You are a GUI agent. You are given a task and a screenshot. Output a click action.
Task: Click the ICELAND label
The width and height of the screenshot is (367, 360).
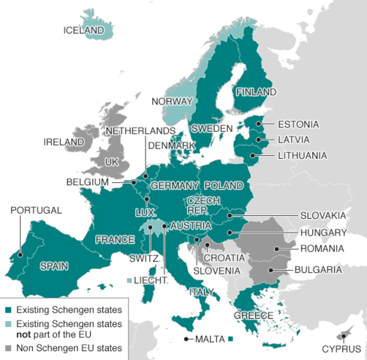tap(83, 30)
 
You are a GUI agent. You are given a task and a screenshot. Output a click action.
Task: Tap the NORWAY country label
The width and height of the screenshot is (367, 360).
tap(172, 101)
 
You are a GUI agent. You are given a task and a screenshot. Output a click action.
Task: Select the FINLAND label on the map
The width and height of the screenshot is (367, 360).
tap(254, 92)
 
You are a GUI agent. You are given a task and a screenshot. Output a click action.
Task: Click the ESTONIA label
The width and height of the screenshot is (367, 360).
tap(298, 124)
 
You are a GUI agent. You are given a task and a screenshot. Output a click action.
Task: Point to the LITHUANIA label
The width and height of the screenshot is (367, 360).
tap(302, 156)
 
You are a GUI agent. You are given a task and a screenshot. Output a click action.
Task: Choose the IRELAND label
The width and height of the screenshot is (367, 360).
tap(64, 142)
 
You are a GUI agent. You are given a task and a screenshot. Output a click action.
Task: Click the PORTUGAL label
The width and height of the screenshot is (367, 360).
tap(36, 211)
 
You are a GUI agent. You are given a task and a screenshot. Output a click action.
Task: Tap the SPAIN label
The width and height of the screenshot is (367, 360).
tap(54, 265)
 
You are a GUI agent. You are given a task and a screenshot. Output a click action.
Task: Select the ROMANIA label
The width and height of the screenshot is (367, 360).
tap(320, 248)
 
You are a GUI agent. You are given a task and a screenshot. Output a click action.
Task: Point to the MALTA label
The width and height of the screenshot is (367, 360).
tap(211, 339)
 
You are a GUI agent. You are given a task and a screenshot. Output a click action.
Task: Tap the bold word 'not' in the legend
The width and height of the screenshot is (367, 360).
tap(24, 334)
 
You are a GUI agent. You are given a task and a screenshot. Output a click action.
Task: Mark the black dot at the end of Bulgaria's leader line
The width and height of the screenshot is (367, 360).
tap(270, 269)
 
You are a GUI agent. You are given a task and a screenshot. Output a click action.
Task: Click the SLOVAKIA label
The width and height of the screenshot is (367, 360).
tap(323, 216)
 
